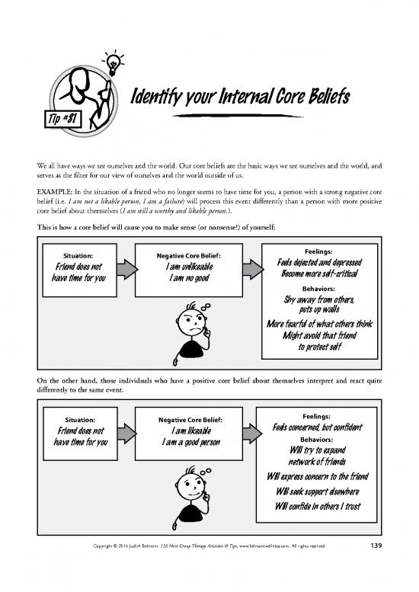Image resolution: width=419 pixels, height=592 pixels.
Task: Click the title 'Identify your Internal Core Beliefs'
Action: (x=240, y=98)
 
